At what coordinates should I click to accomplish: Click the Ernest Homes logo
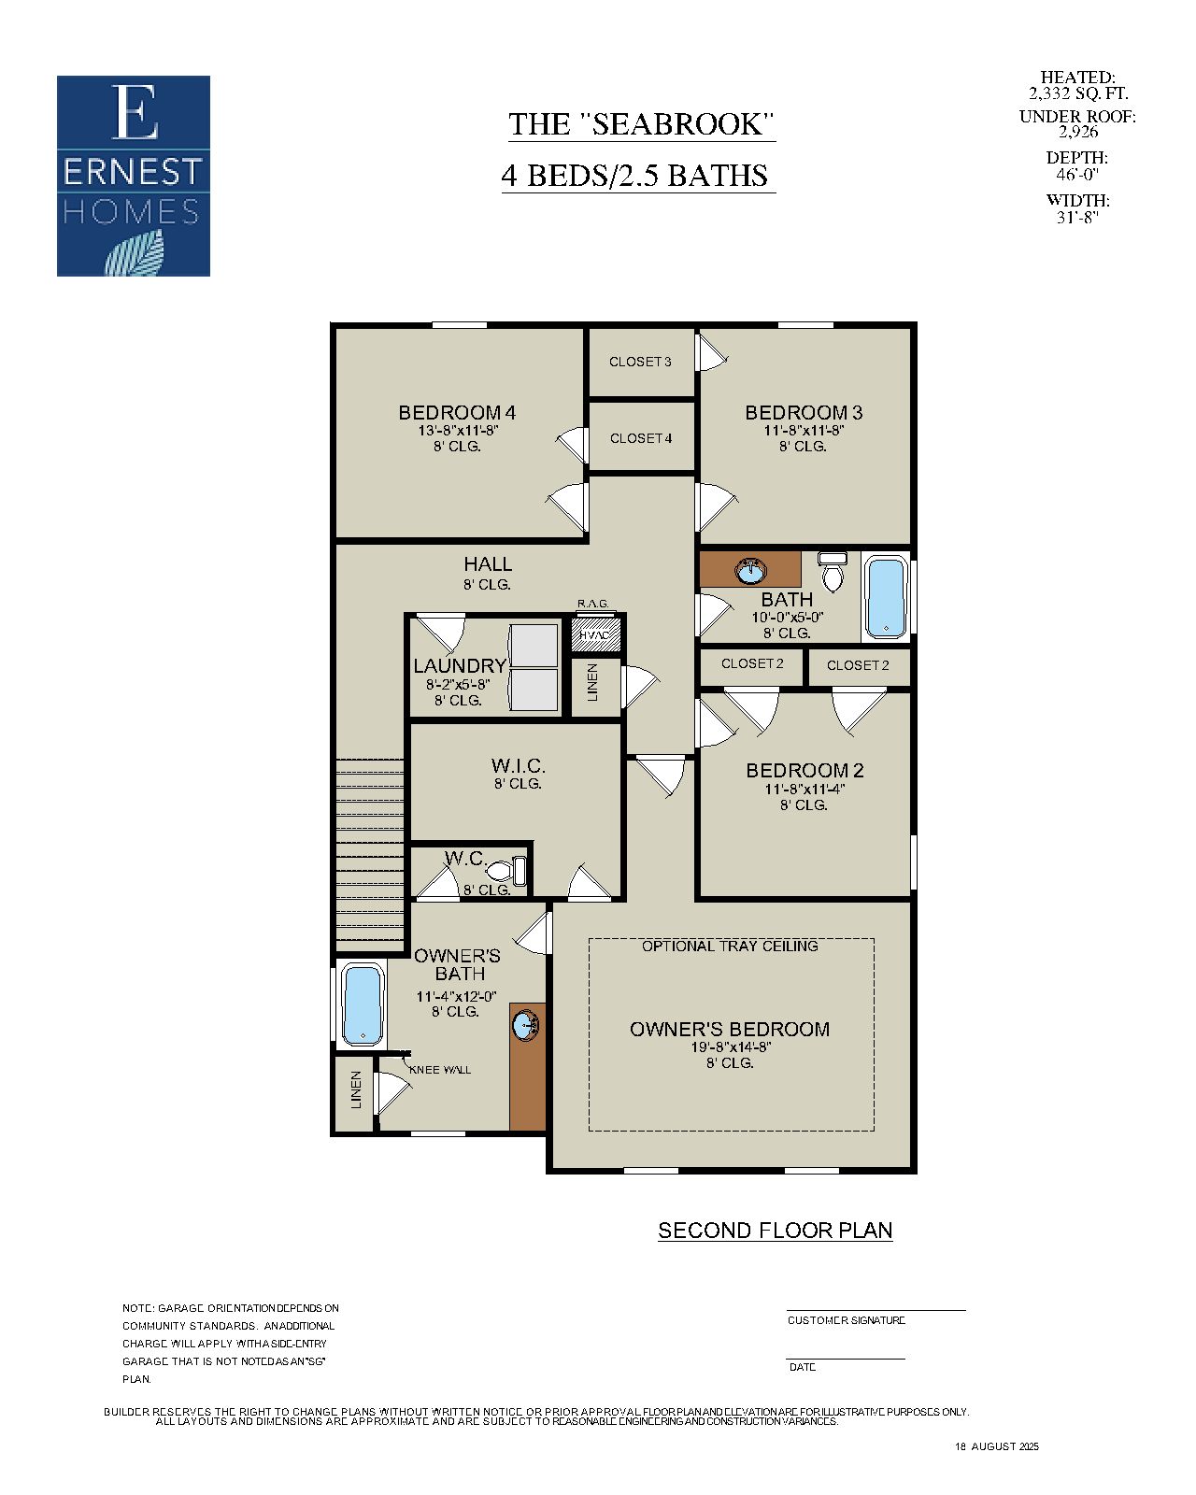point(134,176)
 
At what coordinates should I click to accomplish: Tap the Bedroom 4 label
point(457,412)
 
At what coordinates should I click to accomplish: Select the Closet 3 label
point(640,362)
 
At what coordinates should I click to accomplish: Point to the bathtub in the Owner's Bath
point(362,1005)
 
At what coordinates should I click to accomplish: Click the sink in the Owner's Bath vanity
point(526,1025)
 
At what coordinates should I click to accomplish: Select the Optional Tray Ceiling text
point(730,946)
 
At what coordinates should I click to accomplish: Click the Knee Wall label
point(440,1069)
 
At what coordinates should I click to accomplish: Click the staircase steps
point(370,850)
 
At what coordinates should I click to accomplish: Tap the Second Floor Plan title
point(775,1231)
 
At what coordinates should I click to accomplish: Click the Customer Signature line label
point(846,1320)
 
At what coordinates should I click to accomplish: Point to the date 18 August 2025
point(996,1446)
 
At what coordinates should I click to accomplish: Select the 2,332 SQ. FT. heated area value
point(1077,93)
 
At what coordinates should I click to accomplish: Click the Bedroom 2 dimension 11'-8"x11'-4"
point(804,789)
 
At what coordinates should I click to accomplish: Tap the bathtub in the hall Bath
point(885,597)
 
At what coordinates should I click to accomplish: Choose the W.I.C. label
point(518,766)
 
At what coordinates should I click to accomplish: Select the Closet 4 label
point(641,438)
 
